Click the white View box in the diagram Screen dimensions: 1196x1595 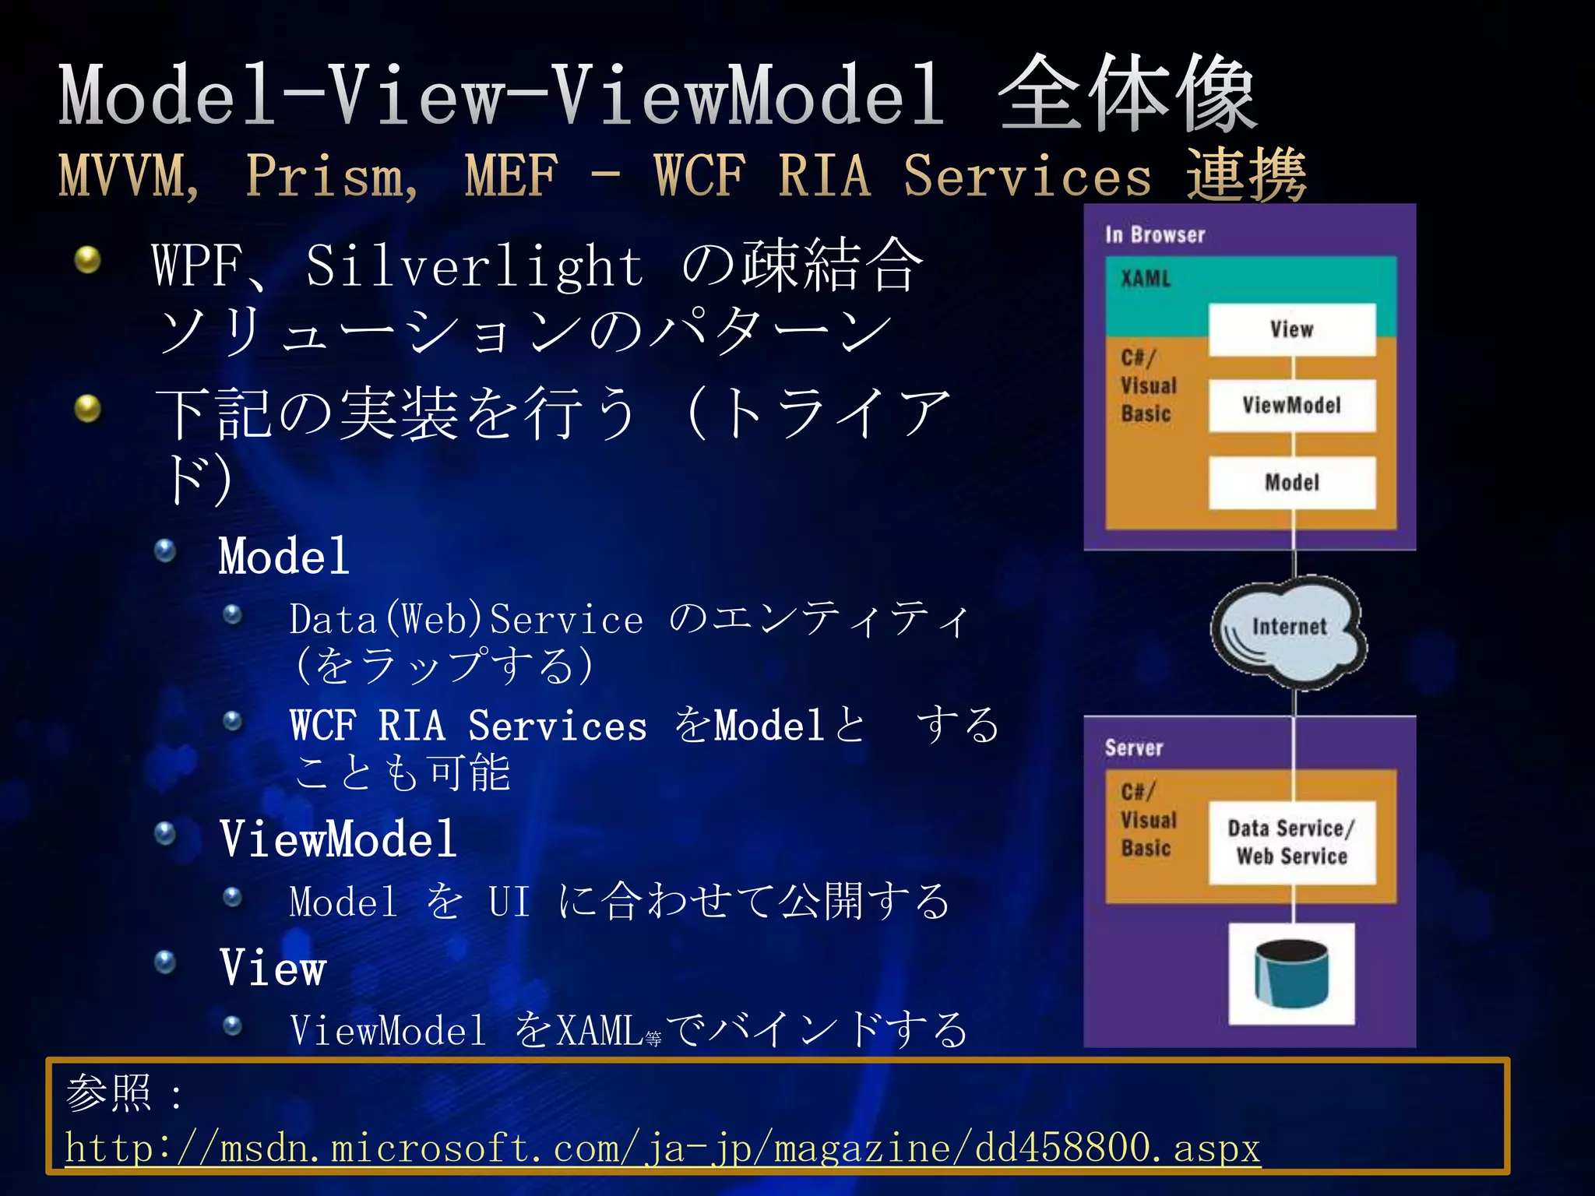(x=1291, y=329)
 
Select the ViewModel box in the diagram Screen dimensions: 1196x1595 (x=1291, y=406)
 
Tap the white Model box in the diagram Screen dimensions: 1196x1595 (x=1291, y=483)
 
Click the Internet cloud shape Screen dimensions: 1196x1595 (x=1289, y=631)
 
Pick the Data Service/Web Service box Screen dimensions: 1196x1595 (x=1291, y=842)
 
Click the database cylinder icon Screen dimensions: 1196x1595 (x=1291, y=973)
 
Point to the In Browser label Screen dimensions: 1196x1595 (x=1154, y=234)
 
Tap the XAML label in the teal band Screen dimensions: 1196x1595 (x=1146, y=279)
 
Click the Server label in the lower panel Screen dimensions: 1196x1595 (x=1133, y=748)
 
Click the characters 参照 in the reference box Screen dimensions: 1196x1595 (x=109, y=1092)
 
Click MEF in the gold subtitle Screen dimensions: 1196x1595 (x=511, y=176)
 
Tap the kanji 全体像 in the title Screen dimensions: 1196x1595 (x=1127, y=95)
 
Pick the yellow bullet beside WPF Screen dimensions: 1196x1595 (x=88, y=260)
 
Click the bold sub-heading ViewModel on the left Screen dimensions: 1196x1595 (x=337, y=839)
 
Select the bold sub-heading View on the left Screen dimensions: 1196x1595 (x=273, y=968)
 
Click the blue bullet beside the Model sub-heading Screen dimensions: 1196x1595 (x=165, y=551)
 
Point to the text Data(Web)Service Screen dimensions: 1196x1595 (x=466, y=620)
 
